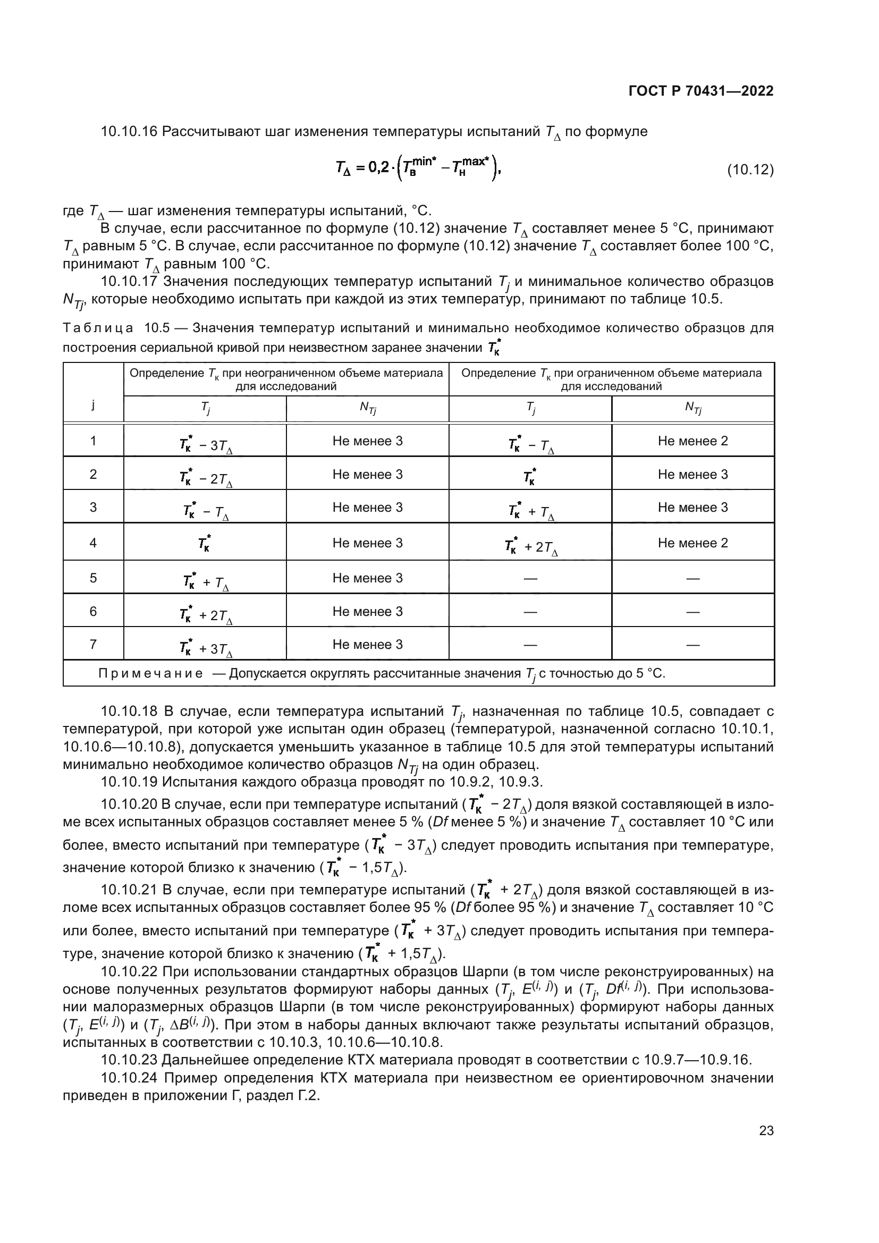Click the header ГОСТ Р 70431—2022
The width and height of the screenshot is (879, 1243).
click(701, 91)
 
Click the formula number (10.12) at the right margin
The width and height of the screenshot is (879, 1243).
click(750, 170)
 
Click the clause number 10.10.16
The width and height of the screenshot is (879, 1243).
click(129, 132)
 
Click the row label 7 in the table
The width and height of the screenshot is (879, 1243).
click(93, 644)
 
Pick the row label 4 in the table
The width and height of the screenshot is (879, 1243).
click(93, 543)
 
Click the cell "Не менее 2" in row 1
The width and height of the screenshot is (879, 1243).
click(693, 441)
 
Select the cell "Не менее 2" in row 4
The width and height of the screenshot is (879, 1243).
click(693, 543)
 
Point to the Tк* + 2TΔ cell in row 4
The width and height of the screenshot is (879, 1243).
click(530, 547)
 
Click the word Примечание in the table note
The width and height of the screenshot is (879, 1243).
click(150, 673)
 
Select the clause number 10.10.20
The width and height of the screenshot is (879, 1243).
click(129, 804)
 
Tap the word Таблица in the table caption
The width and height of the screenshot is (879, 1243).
click(98, 328)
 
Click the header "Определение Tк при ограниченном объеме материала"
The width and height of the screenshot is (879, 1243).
click(611, 373)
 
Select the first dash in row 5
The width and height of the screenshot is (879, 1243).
click(530, 578)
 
